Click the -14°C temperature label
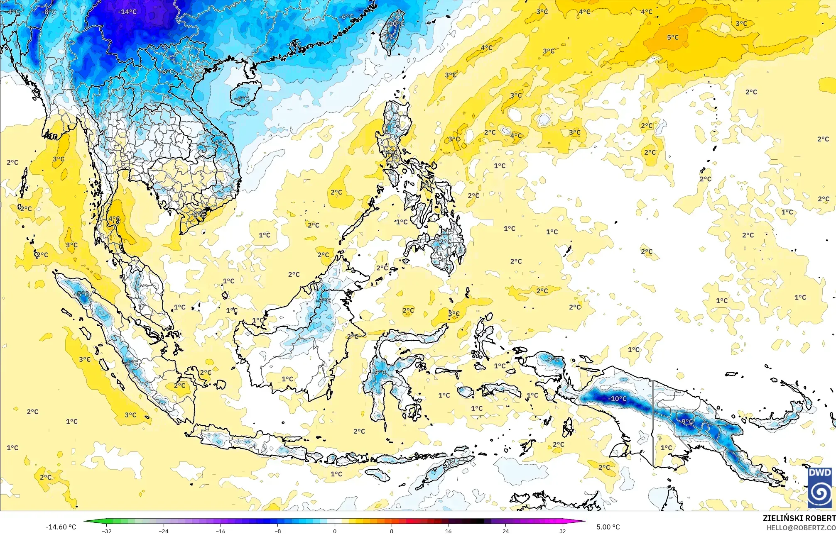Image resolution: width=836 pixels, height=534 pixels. tap(127, 12)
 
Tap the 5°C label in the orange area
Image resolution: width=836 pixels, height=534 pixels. tap(673, 37)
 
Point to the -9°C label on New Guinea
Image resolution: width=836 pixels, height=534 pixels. tap(687, 422)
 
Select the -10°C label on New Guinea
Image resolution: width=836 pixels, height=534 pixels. tap(617, 399)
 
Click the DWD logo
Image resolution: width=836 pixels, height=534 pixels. tap(820, 488)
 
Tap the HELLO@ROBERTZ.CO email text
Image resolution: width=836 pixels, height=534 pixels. tap(801, 528)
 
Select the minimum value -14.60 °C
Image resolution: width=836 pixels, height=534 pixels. tap(61, 527)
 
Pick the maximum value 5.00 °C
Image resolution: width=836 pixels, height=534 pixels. tap(608, 527)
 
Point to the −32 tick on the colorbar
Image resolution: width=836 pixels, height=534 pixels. tap(107, 531)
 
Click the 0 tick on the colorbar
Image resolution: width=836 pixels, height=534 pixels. tap(335, 531)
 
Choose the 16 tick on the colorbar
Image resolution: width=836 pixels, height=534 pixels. tap(449, 531)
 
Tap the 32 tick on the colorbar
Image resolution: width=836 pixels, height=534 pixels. tap(562, 531)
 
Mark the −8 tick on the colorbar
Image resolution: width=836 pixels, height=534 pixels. tap(278, 531)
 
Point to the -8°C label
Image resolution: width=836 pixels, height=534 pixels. tap(49, 12)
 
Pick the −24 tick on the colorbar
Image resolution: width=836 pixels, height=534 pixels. tap(164, 531)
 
